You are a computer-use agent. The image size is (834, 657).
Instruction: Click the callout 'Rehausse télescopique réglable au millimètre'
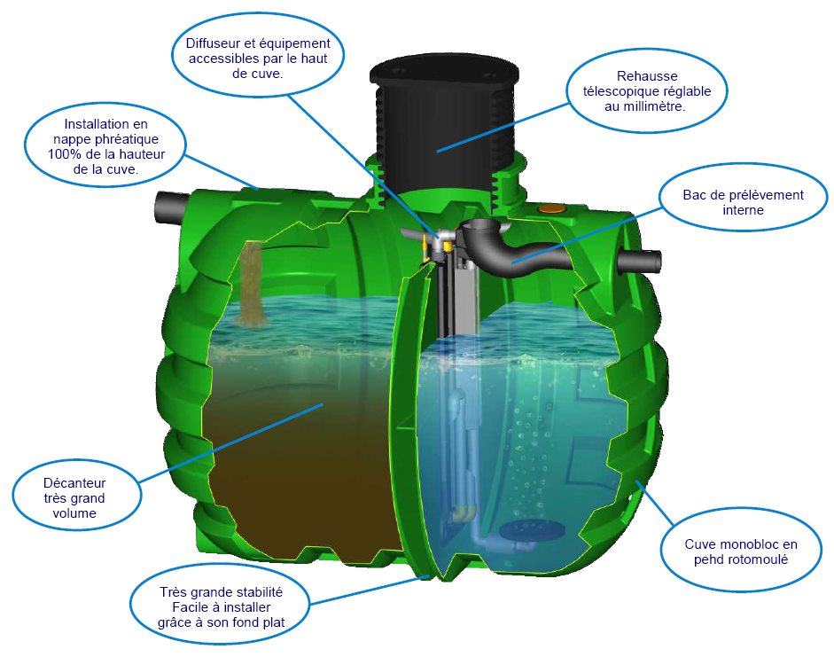(646, 91)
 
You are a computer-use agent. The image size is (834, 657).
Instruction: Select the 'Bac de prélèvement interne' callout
(743, 202)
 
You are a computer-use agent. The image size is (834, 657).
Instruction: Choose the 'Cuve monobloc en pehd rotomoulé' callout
(740, 551)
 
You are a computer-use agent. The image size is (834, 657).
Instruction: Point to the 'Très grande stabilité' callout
(221, 607)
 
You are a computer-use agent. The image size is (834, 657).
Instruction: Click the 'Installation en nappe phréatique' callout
(105, 146)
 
